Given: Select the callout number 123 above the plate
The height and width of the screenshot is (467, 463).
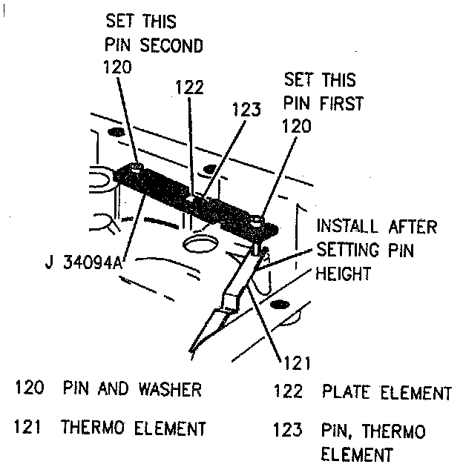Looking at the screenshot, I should (246, 110).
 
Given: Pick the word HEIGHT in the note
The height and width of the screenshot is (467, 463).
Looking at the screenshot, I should (344, 274).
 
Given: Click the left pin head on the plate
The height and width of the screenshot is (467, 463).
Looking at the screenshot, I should (138, 170).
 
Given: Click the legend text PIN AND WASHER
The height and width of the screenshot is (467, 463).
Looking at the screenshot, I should (132, 389).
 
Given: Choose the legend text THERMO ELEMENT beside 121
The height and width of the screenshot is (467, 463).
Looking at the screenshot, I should (134, 428).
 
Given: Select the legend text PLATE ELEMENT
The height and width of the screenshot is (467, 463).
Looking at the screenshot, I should (386, 392).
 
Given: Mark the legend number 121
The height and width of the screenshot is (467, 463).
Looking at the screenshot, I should (32, 428).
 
